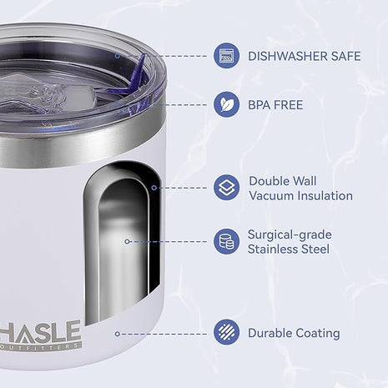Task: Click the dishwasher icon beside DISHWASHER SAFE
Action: pyautogui.click(x=226, y=56)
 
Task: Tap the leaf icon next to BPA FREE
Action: pyautogui.click(x=226, y=104)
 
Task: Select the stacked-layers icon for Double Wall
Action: pyautogui.click(x=226, y=188)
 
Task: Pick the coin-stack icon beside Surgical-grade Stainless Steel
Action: pyautogui.click(x=226, y=241)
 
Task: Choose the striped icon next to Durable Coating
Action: pyautogui.click(x=226, y=333)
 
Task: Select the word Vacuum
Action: pyautogui.click(x=271, y=195)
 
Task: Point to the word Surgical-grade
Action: pyautogui.click(x=290, y=235)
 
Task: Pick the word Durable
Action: pyautogui.click(x=270, y=333)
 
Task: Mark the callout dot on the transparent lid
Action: pyautogui.click(x=118, y=56)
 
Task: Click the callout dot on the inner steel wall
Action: pyautogui.click(x=127, y=241)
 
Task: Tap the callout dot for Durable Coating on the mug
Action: pyautogui.click(x=118, y=334)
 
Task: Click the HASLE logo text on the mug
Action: pyautogui.click(x=40, y=331)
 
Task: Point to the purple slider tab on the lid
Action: pyautogui.click(x=136, y=73)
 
